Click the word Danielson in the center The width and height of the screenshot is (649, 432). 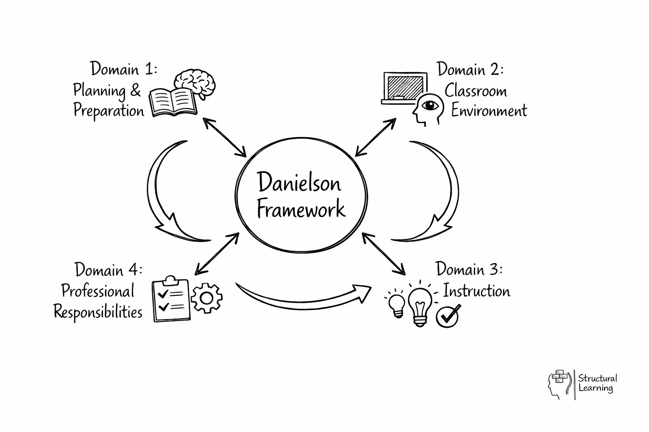[x=299, y=183]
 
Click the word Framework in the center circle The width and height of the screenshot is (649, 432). [x=301, y=209]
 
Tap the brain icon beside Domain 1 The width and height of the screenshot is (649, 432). [x=196, y=83]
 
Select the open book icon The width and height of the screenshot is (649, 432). [x=173, y=102]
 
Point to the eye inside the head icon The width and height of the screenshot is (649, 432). [x=431, y=105]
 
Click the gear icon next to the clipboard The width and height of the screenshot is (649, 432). [x=206, y=298]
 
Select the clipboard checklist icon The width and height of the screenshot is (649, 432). [x=171, y=299]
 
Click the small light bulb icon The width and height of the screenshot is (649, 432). [x=397, y=305]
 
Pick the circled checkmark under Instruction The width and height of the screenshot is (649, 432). [x=447, y=316]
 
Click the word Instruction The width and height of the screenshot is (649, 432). [x=476, y=291]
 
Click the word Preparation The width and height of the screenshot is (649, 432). [x=109, y=111]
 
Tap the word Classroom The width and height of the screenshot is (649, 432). [x=475, y=91]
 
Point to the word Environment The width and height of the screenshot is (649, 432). [x=489, y=111]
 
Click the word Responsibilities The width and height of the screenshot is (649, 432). [x=98, y=312]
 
